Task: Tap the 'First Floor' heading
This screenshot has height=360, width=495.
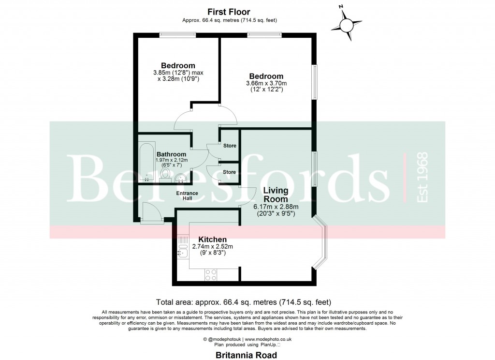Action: coord(230,11)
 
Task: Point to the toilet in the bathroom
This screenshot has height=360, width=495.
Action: coord(165,175)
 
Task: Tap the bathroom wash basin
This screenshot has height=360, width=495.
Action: coord(180,178)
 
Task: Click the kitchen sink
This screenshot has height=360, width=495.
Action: coord(182,251)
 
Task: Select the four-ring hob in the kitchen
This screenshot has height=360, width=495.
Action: coord(211,274)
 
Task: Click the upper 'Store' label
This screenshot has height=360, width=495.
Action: coord(229,146)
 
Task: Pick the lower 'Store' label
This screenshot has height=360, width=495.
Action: coord(229,172)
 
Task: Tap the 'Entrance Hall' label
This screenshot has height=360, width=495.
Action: coord(187,196)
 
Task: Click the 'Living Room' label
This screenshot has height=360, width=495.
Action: coord(275,195)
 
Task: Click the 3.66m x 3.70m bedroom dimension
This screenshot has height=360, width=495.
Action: coord(266,86)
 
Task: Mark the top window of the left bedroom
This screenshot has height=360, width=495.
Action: coord(178,34)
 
